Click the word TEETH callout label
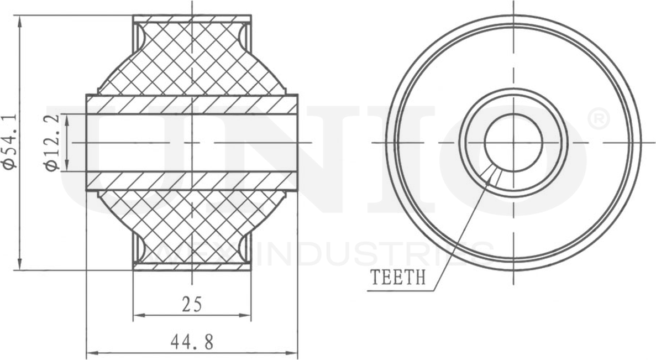pos(398,276)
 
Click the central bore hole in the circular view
pos(513,142)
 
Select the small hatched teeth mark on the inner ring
pos(492,175)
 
